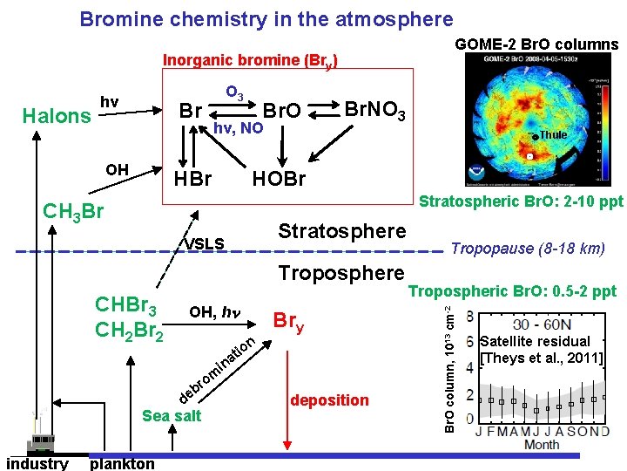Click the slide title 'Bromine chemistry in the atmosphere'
point(266,19)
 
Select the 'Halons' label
point(57,117)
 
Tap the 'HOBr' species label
point(279,179)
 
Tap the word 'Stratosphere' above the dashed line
point(341,231)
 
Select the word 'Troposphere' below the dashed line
point(341,273)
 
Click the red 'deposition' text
point(330,399)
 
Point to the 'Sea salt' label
point(171,415)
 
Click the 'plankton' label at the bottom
point(122,463)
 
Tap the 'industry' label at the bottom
point(37,463)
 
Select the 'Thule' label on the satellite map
point(553,135)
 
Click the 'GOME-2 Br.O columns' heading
point(536,44)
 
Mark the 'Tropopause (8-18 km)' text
point(528,249)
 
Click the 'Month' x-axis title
point(542,444)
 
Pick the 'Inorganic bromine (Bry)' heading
point(251,62)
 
